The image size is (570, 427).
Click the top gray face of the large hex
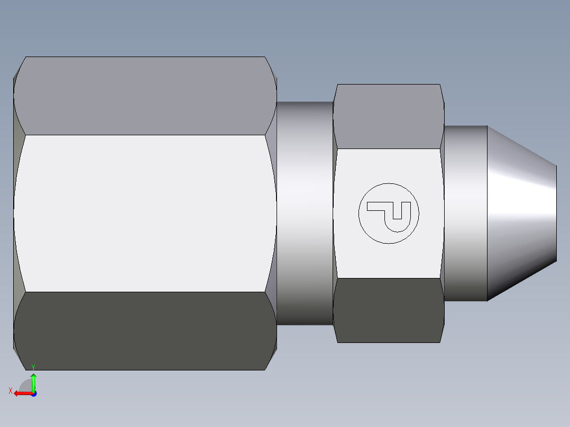(x=145, y=95)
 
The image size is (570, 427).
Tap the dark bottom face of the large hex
(x=145, y=330)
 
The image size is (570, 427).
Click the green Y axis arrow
(x=33, y=382)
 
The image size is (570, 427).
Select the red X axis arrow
(x=22, y=393)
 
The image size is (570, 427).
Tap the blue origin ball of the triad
(x=34, y=393)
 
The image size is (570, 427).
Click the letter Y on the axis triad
(x=33, y=367)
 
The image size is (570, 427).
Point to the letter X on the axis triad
(x=10, y=391)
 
